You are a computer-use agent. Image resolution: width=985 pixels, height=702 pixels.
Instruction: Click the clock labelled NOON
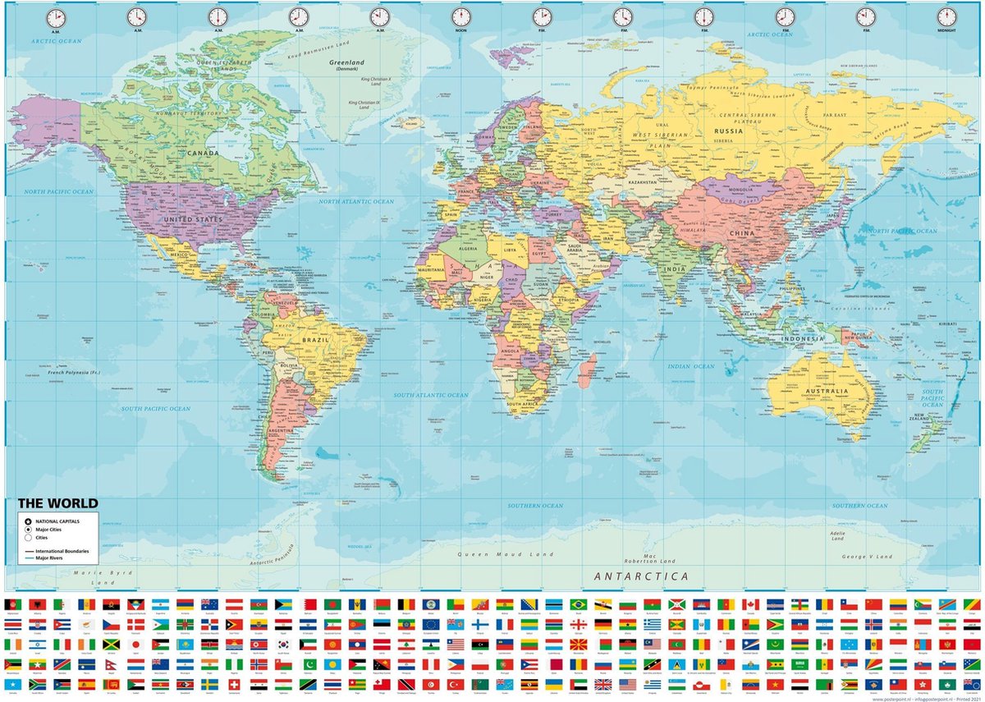(x=460, y=16)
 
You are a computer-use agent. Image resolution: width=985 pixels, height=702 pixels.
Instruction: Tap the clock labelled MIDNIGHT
(x=946, y=16)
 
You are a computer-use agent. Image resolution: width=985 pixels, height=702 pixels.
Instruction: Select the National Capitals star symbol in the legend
(x=28, y=521)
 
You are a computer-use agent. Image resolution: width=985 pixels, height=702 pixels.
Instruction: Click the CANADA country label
(x=203, y=153)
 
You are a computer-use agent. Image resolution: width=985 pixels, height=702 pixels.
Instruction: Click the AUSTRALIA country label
(x=827, y=391)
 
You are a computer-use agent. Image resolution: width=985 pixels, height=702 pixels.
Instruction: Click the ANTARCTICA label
(x=641, y=576)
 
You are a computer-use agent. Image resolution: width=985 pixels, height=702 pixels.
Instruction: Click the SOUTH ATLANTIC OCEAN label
(x=430, y=395)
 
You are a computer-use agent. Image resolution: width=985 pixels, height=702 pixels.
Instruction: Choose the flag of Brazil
(x=579, y=604)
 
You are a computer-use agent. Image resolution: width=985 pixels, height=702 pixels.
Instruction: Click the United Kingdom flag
(x=603, y=684)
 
